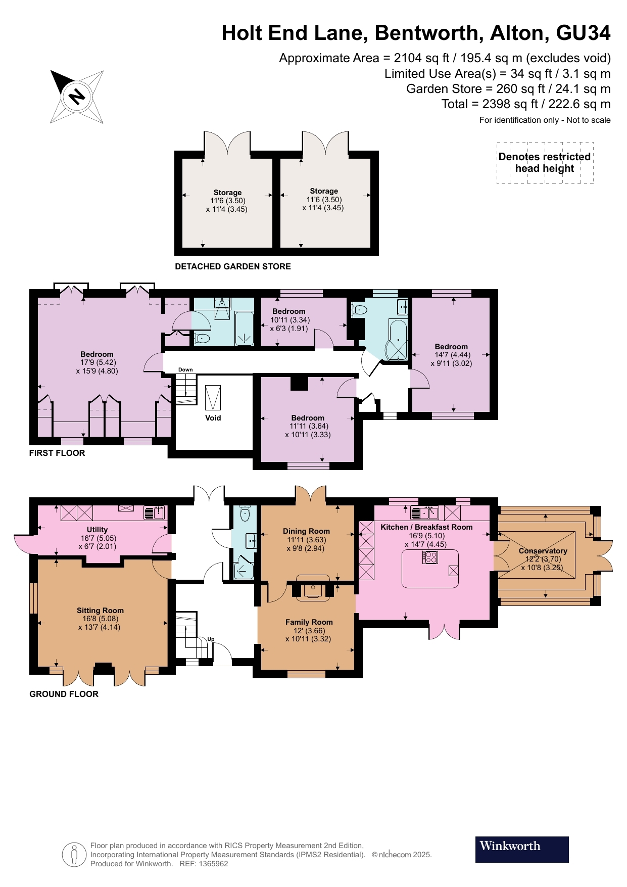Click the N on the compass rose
77,96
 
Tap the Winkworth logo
522,849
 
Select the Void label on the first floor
213,418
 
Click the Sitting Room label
100,611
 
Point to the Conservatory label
543,551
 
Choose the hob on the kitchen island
430,557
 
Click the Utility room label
98,530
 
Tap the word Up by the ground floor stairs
211,639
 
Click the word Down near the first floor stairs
185,369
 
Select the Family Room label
309,622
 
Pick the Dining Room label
306,531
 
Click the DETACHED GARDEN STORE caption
233,266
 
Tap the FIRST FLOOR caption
57,453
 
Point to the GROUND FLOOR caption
64,694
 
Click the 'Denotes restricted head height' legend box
545,163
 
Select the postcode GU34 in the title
584,33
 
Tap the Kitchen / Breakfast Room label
426,527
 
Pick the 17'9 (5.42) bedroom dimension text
97,362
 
